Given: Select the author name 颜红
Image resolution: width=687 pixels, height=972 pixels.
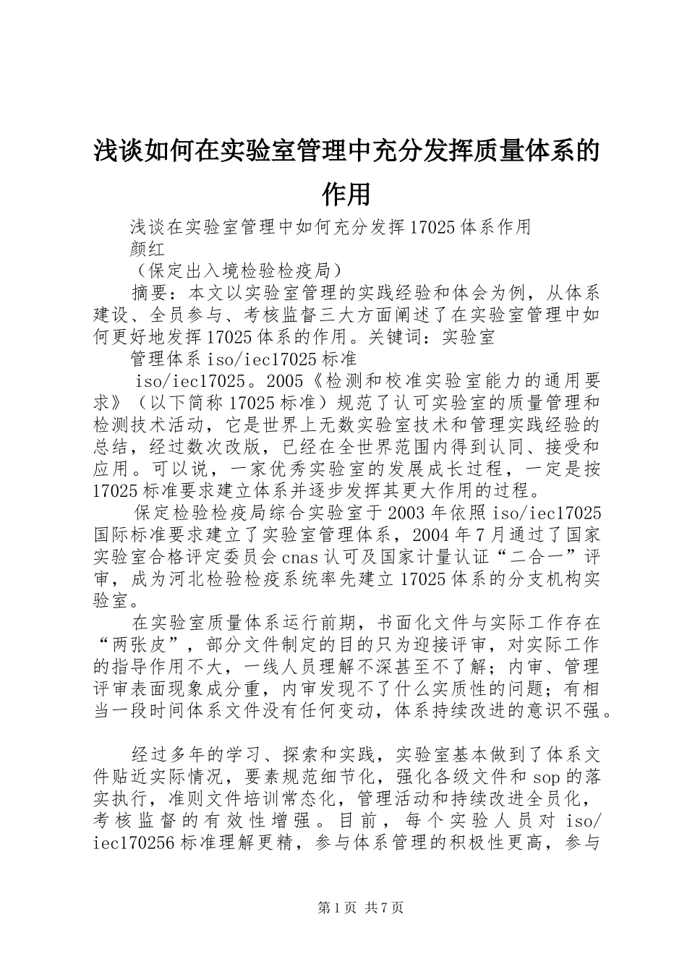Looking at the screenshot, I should [148, 249].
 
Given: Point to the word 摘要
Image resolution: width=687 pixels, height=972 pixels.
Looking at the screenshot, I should [150, 293].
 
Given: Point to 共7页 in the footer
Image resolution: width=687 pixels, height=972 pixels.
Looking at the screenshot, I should [384, 908].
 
